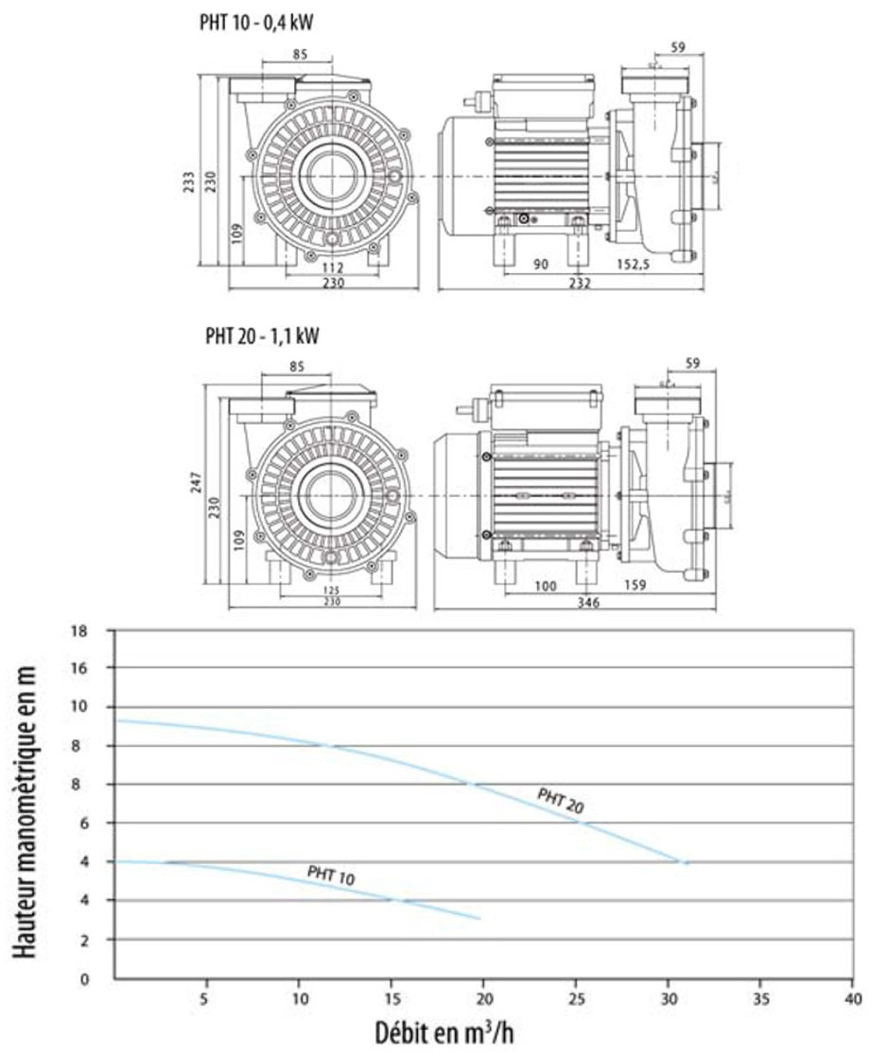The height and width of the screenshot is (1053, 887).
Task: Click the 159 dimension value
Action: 635,586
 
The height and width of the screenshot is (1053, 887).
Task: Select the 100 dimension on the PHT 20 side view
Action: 545,586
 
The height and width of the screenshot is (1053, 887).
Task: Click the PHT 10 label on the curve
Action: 331,874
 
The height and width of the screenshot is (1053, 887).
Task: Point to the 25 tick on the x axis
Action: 576,997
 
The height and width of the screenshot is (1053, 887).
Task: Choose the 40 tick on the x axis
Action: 853,997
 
